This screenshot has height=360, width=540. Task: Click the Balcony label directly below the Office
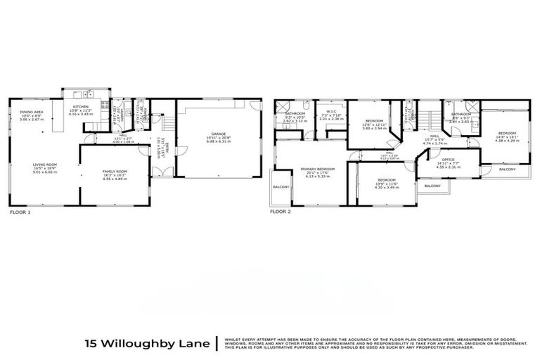pyautogui.click(x=433, y=186)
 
